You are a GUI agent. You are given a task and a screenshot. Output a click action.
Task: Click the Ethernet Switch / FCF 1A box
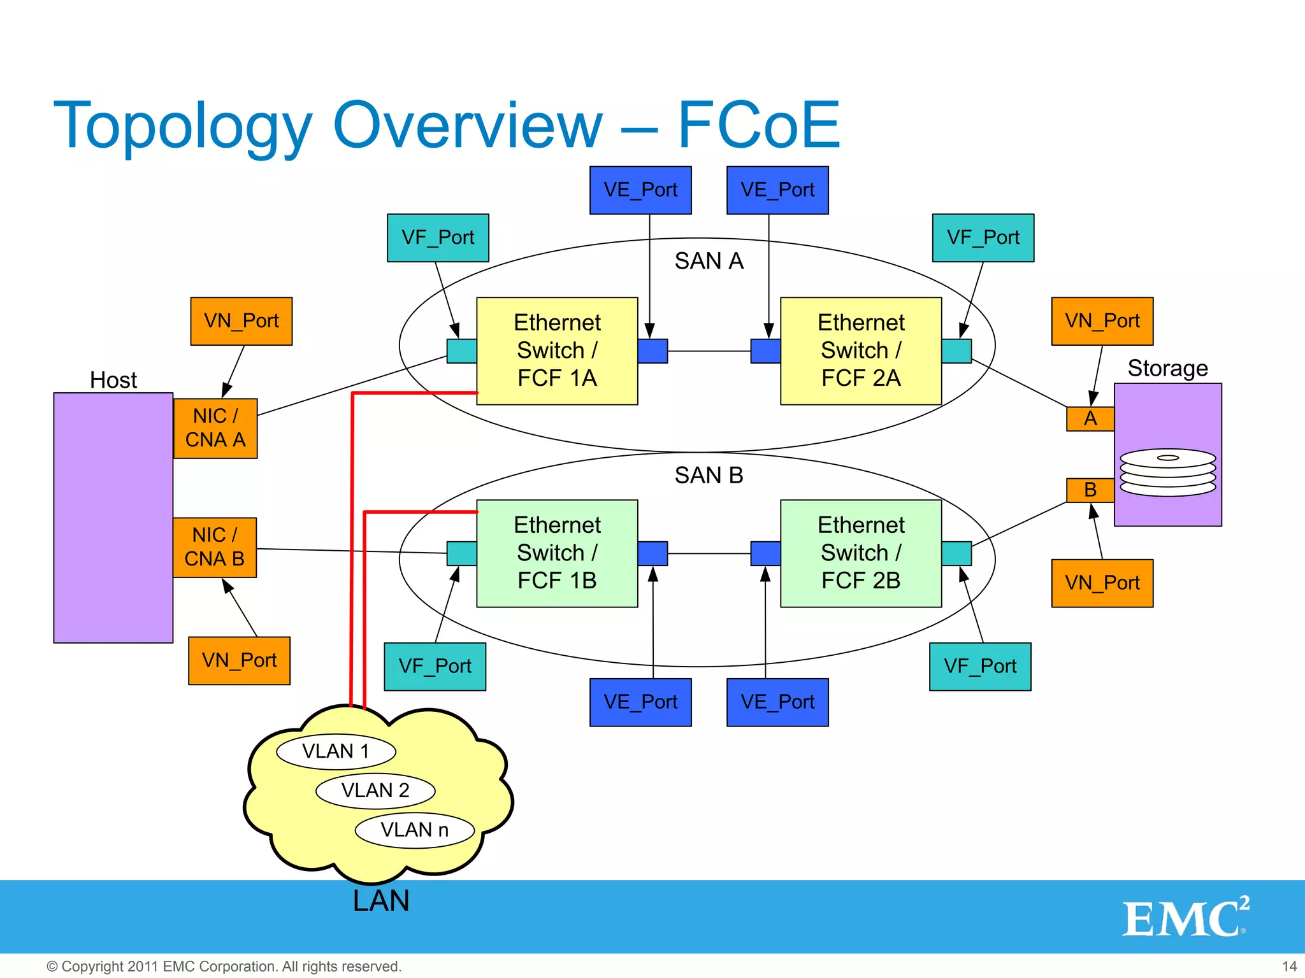click(x=557, y=351)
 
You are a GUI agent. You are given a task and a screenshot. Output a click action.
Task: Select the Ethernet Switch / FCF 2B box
click(x=861, y=553)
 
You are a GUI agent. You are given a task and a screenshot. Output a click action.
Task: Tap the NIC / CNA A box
click(x=215, y=428)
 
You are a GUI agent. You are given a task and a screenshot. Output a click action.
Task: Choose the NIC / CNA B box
click(x=215, y=547)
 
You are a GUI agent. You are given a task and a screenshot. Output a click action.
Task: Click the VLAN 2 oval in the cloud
click(x=375, y=791)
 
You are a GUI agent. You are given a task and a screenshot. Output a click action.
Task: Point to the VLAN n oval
click(x=414, y=830)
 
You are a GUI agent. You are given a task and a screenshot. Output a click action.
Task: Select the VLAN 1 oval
click(x=336, y=751)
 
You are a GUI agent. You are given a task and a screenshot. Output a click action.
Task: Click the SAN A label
click(x=709, y=261)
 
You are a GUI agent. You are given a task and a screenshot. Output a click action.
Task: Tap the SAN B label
click(x=709, y=475)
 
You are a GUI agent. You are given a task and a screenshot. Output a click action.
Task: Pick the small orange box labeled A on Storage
click(x=1090, y=418)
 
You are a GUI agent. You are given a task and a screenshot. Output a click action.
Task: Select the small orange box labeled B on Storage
click(x=1090, y=490)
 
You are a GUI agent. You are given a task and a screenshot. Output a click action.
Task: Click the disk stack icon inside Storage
click(x=1167, y=472)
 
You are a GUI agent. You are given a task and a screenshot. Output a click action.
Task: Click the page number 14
click(x=1289, y=966)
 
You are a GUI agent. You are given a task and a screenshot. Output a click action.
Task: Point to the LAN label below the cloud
click(x=381, y=901)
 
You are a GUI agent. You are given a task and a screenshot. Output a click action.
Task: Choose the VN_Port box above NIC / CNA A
click(x=242, y=321)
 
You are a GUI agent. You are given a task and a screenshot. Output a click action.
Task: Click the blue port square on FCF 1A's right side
click(x=652, y=351)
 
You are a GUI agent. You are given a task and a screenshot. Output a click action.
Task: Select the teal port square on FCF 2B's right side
click(x=956, y=553)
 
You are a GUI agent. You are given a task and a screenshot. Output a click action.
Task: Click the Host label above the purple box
click(x=113, y=380)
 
